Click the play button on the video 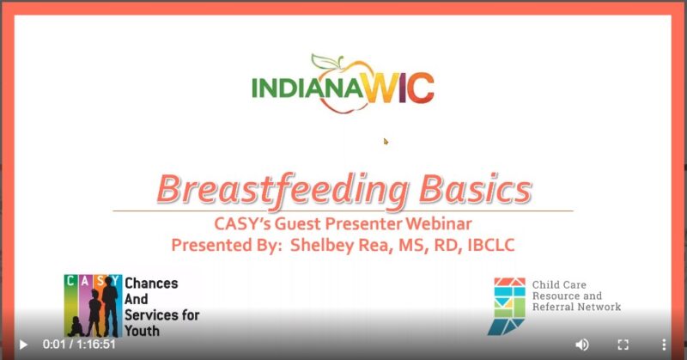[x=24, y=345]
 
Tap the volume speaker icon [x=582, y=345]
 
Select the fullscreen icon [x=623, y=345]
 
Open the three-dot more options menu [x=664, y=345]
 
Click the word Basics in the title [x=476, y=188]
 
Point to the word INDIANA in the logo [x=307, y=88]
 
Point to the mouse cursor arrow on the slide [x=386, y=141]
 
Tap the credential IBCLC [x=491, y=245]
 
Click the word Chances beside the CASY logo [x=151, y=284]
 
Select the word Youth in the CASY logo [x=142, y=330]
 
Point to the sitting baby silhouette [x=76, y=326]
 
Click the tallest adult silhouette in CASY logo [x=111, y=307]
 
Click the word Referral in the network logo [x=550, y=307]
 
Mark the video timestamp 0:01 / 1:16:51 [x=79, y=345]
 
